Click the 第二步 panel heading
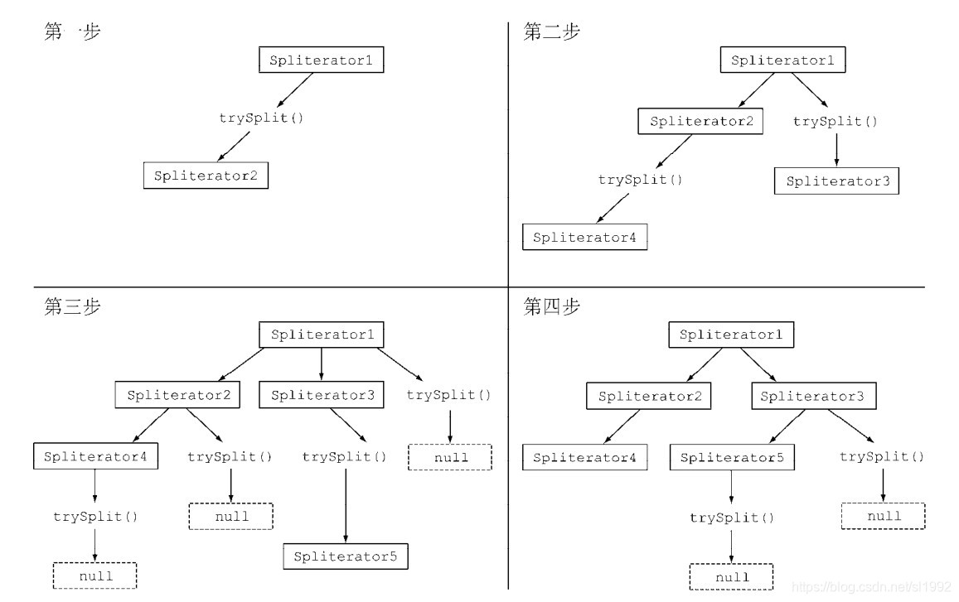point(552,32)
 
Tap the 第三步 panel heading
point(73,306)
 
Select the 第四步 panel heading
point(552,306)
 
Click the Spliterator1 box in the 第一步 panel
point(322,60)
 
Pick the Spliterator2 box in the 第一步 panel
point(206,176)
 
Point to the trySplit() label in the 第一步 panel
point(261,118)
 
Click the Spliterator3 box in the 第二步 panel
point(836,181)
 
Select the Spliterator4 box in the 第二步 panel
point(584,238)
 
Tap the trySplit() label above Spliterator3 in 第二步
point(835,122)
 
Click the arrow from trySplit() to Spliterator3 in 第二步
point(835,150)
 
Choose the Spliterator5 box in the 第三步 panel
point(346,556)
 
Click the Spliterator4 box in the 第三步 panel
point(95,456)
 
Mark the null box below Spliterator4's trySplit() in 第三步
point(94,576)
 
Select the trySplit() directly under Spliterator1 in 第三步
point(448,395)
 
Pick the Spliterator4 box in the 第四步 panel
point(584,457)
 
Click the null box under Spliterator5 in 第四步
point(731,576)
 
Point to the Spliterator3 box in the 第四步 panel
point(812,397)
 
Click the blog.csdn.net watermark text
point(870,587)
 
